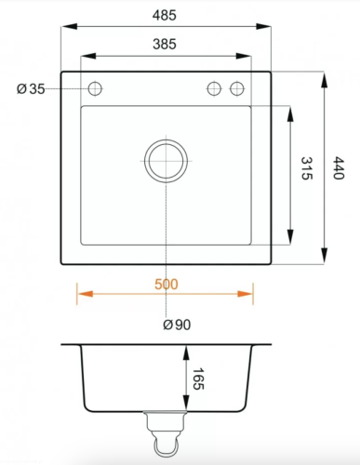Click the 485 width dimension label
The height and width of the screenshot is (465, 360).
point(165,15)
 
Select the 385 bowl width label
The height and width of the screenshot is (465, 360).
point(165,45)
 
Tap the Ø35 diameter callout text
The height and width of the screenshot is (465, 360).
point(31,89)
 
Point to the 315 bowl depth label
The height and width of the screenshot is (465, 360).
point(307,168)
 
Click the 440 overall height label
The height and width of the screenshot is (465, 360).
point(339,168)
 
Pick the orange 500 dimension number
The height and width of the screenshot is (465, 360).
point(167,285)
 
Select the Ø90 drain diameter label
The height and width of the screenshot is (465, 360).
point(177,325)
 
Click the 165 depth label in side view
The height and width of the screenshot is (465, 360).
point(198,379)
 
